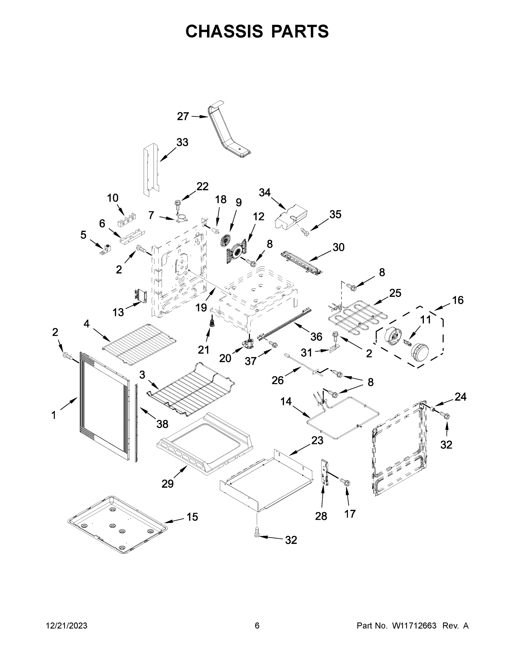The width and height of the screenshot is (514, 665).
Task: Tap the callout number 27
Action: [183, 116]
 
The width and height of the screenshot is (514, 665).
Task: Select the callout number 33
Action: [182, 142]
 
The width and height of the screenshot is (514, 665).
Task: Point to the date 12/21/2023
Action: [67, 625]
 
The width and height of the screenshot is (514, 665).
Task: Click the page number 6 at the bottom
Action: [257, 625]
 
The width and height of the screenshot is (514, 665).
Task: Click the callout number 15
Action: [192, 517]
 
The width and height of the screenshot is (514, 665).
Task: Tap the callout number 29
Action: [167, 484]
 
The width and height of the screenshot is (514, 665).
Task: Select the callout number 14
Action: [286, 401]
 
